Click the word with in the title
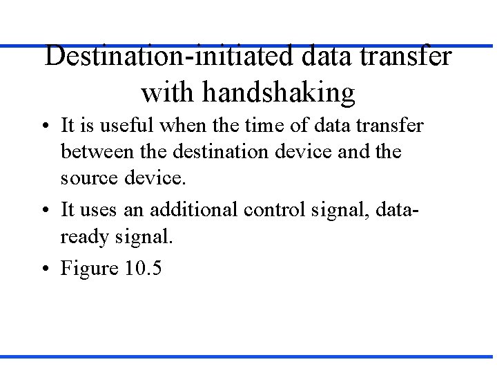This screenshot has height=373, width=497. tap(162, 92)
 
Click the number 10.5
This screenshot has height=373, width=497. tap(143, 268)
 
